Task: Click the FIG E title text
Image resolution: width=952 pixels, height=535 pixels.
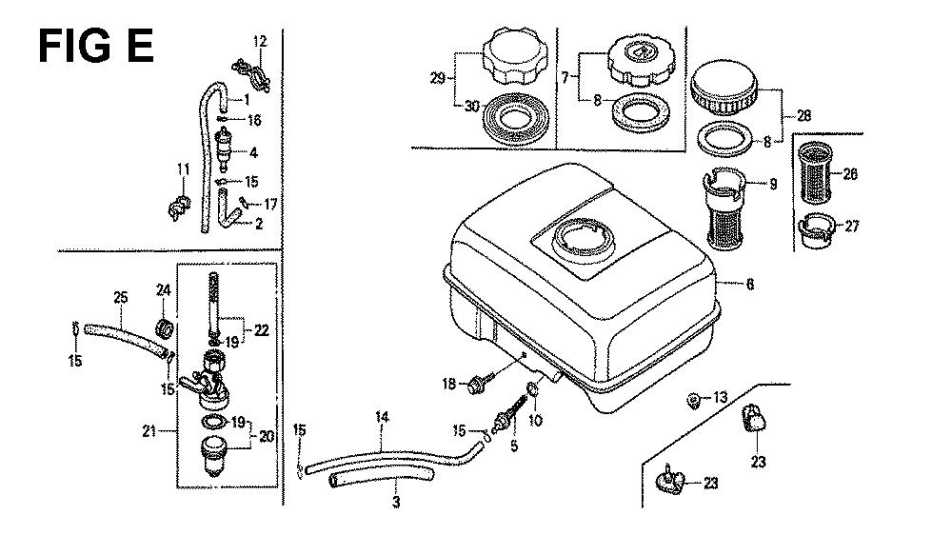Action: coord(96,45)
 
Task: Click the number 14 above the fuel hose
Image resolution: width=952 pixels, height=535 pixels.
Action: coord(382,417)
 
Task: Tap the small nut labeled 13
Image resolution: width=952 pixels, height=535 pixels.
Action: coord(696,398)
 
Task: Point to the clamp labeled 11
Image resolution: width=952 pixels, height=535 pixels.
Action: coord(177,206)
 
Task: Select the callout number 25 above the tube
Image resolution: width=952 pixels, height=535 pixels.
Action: coord(120,298)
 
